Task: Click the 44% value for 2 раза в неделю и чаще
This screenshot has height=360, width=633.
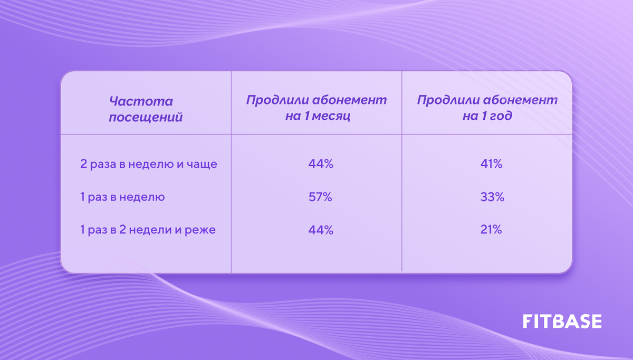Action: click(x=321, y=164)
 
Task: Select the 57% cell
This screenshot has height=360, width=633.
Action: click(x=321, y=197)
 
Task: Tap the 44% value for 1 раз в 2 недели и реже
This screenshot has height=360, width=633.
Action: click(x=321, y=230)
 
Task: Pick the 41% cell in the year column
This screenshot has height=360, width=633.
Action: click(x=491, y=164)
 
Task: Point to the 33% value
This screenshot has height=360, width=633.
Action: click(x=491, y=197)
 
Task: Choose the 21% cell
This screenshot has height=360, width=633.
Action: click(x=491, y=230)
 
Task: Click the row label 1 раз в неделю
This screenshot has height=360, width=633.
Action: click(x=122, y=197)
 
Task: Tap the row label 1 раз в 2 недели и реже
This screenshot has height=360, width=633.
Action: click(x=148, y=230)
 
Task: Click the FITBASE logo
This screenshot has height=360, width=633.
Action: click(x=562, y=321)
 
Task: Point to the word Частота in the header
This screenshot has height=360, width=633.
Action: click(x=141, y=101)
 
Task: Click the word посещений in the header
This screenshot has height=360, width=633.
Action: click(x=146, y=117)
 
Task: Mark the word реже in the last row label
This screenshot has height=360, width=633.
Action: click(x=202, y=230)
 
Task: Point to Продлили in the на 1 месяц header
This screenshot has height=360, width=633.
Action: click(x=274, y=100)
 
